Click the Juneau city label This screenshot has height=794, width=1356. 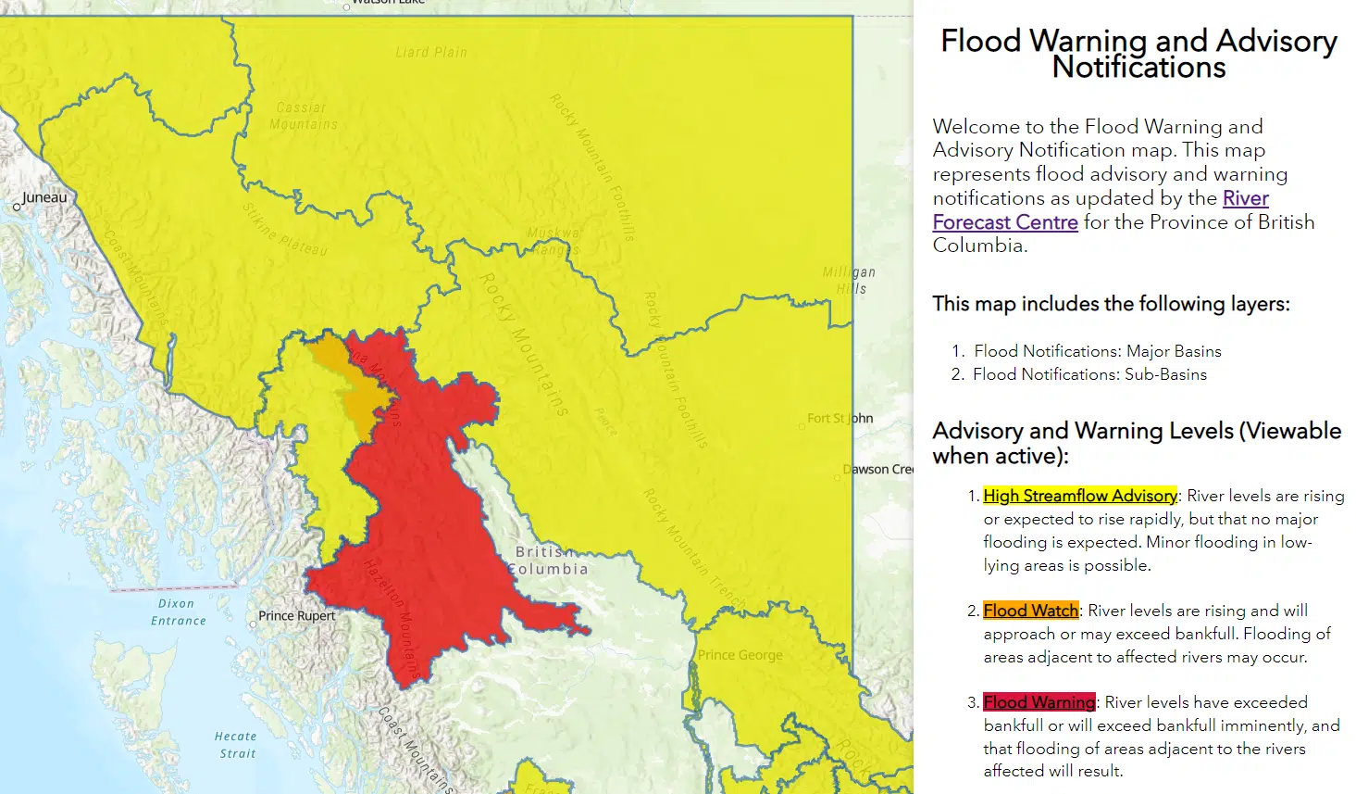pyautogui.click(x=44, y=197)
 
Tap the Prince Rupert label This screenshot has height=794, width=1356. pyautogui.click(x=296, y=616)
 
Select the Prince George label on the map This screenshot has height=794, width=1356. pyautogui.click(x=740, y=655)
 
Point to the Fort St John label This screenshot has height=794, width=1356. pyautogui.click(x=840, y=419)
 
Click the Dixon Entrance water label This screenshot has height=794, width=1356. pyautogui.click(x=178, y=611)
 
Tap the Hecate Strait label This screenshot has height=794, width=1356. pyautogui.click(x=236, y=745)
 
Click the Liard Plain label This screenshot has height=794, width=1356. pyautogui.click(x=431, y=53)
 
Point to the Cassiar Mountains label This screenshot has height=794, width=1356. pyautogui.click(x=304, y=116)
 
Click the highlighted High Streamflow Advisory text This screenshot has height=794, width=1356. pyautogui.click(x=1079, y=496)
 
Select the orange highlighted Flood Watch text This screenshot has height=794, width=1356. pyautogui.click(x=1030, y=611)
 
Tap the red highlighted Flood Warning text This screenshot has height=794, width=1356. pyautogui.click(x=1039, y=702)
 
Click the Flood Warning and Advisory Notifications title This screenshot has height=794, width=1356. pyautogui.click(x=1138, y=54)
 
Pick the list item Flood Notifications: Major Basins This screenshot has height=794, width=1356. pyautogui.click(x=1097, y=351)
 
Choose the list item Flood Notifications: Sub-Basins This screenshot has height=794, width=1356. pyautogui.click(x=1089, y=374)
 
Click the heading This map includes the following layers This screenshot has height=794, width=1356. pyautogui.click(x=1111, y=304)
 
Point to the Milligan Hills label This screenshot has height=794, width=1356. pyautogui.click(x=850, y=280)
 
